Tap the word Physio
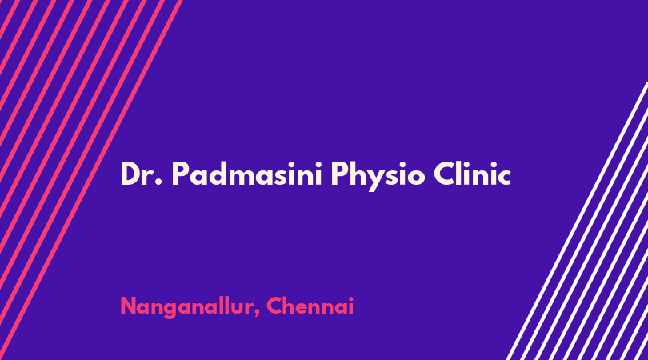pyautogui.click(x=378, y=176)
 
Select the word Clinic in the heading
pyautogui.click(x=472, y=173)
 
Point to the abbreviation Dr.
pyautogui.click(x=142, y=174)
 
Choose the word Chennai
pyautogui.click(x=310, y=306)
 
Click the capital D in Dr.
pyautogui.click(x=130, y=173)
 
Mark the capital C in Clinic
pyautogui.click(x=445, y=173)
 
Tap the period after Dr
pyautogui.click(x=158, y=182)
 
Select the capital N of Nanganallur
pyautogui.click(x=129, y=306)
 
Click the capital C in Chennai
pyautogui.click(x=275, y=306)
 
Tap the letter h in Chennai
pyautogui.click(x=291, y=306)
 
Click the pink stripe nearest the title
pyautogui.click(x=91, y=180)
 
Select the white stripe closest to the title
pyautogui.click(x=577, y=221)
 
